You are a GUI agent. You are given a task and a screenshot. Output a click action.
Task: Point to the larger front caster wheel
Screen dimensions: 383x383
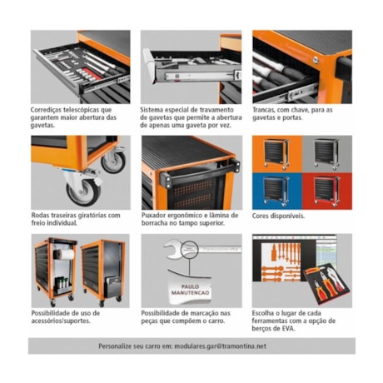84,190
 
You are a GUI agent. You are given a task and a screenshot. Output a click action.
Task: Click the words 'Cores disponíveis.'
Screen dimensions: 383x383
278,216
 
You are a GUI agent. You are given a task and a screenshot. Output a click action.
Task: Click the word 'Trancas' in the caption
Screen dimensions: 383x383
266,109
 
